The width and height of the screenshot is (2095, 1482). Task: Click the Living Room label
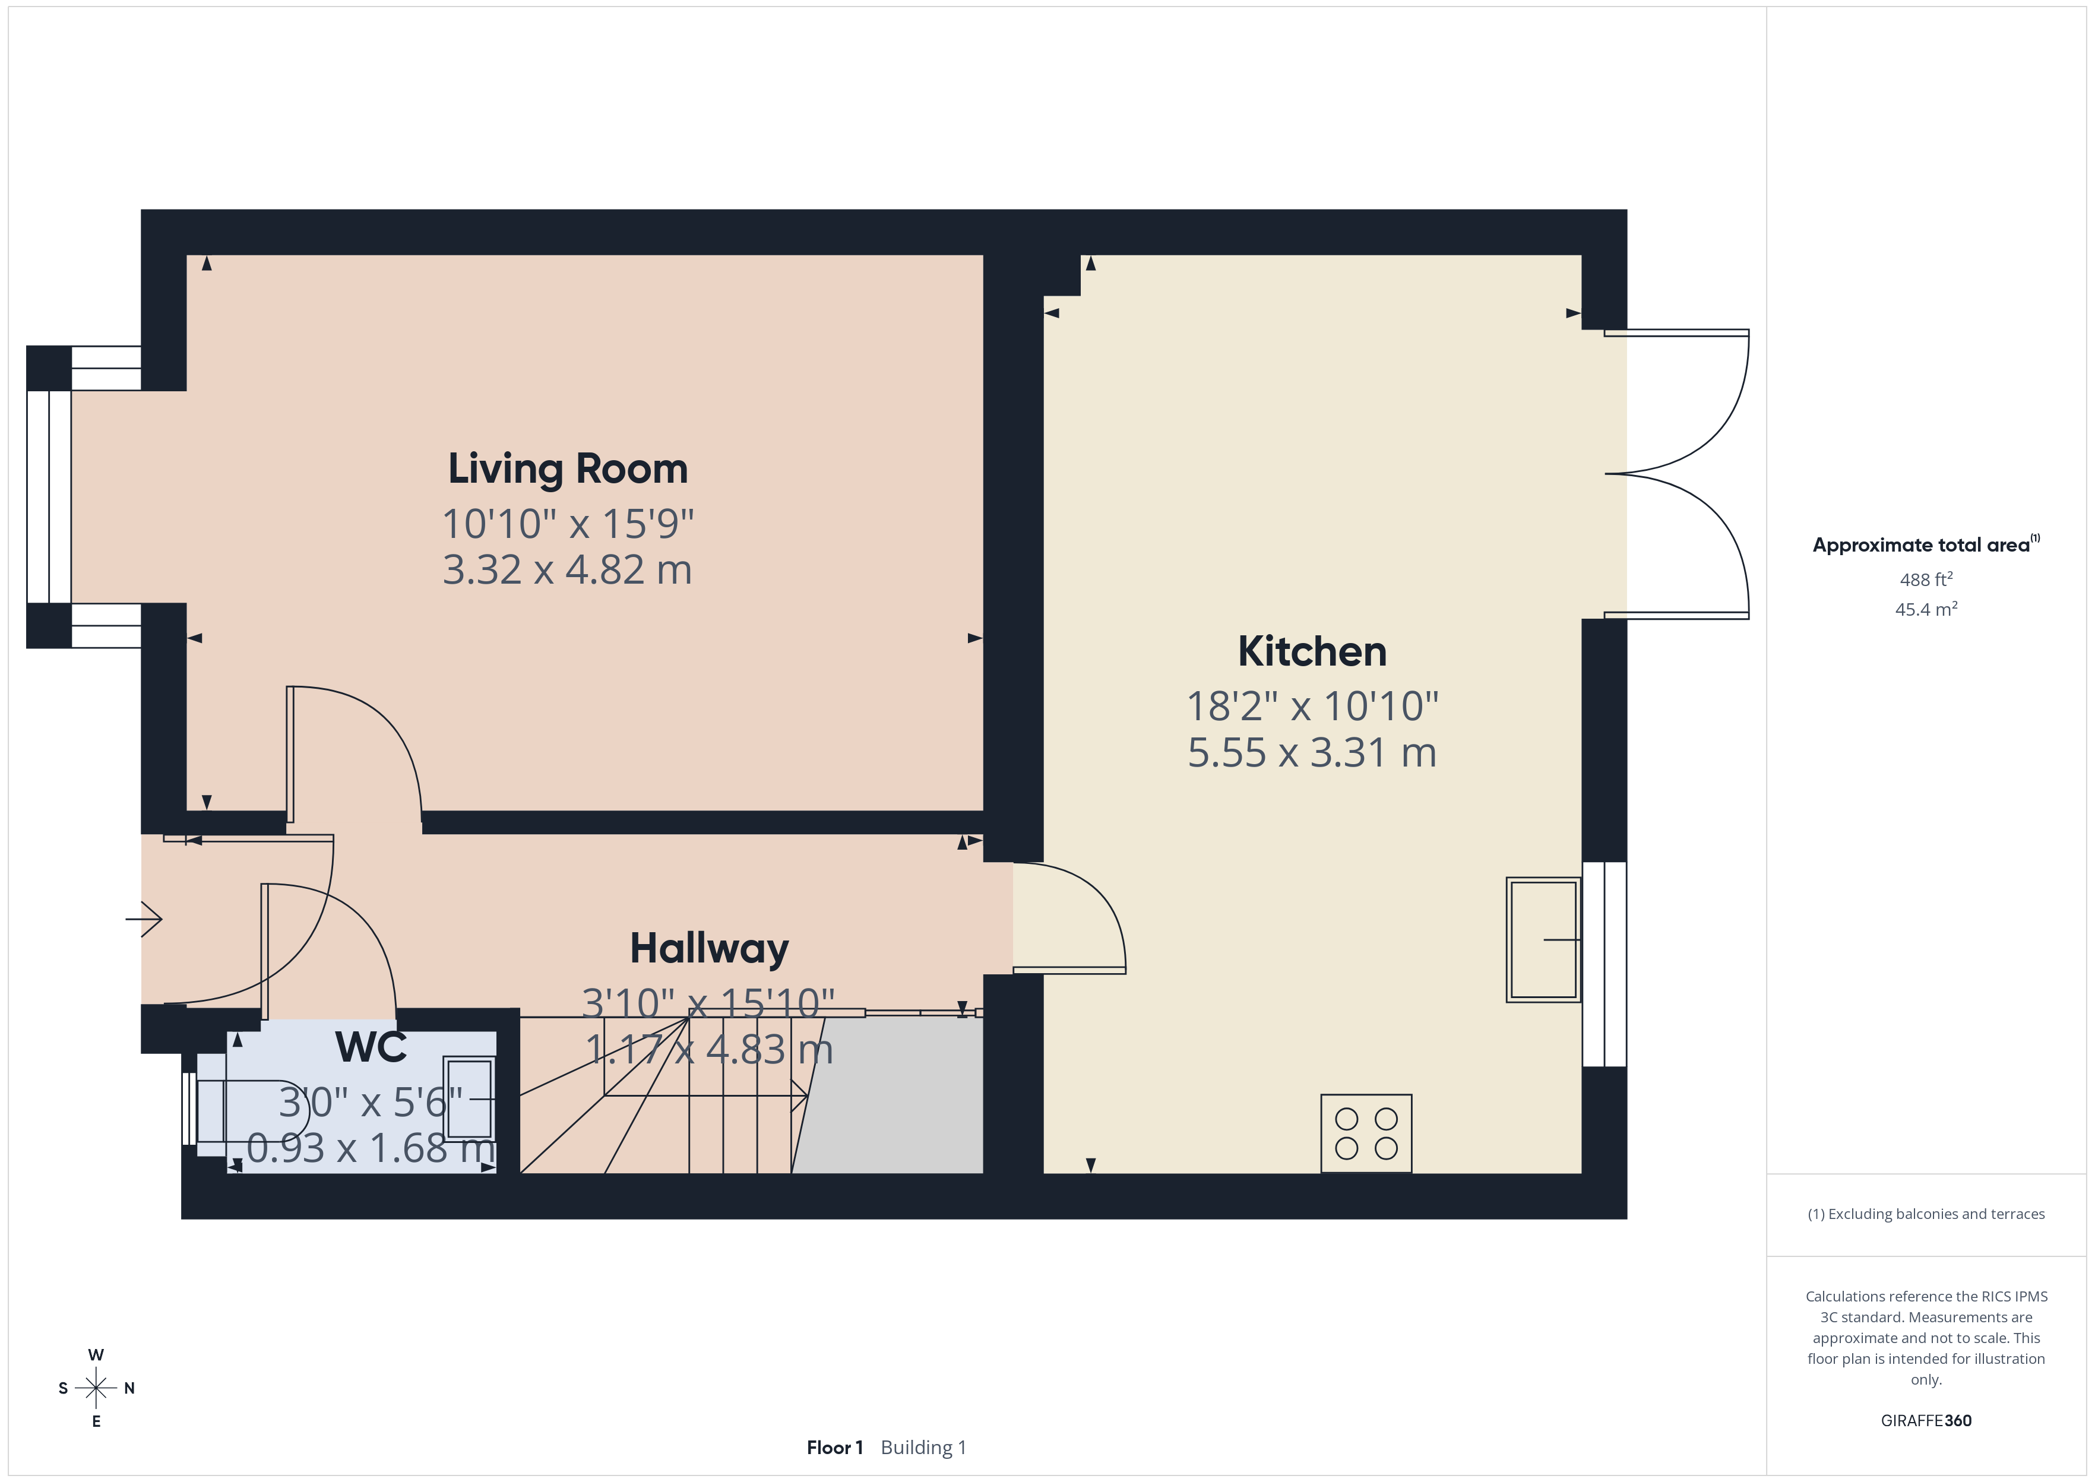pos(568,469)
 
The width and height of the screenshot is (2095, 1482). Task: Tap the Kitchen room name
pos(1312,651)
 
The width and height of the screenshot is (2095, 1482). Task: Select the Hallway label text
pos(709,949)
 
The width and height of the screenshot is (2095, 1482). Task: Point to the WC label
pos(371,1047)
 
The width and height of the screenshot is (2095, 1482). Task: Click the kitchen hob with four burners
pos(1366,1133)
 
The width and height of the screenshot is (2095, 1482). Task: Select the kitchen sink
pos(1543,940)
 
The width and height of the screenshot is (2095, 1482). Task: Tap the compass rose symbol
pos(96,1388)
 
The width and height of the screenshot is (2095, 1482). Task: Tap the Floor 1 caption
pos(834,1448)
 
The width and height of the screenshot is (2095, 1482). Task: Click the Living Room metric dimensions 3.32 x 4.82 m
pos(568,569)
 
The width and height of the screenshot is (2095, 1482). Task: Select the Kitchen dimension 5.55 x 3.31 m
pos(1312,753)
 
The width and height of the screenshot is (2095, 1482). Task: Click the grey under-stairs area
pos(894,1095)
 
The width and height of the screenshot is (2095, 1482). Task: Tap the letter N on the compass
pos(129,1388)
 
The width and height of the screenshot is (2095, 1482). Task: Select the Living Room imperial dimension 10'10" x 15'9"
pos(568,524)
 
